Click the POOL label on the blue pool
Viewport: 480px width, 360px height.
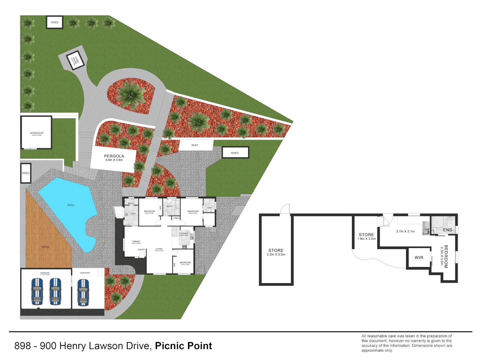pyautogui.click(x=71, y=205)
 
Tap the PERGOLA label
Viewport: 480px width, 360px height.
pyautogui.click(x=114, y=156)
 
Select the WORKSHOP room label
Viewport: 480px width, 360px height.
pyautogui.click(x=37, y=133)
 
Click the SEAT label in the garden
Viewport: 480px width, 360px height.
pyautogui.click(x=195, y=145)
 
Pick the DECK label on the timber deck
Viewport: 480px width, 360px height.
pyautogui.click(x=46, y=247)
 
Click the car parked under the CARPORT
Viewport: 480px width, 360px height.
pyautogui.click(x=83, y=292)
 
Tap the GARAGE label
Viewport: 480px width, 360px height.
pyautogui.click(x=45, y=273)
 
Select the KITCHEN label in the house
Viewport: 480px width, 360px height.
pyautogui.click(x=184, y=233)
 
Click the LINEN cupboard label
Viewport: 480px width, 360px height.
pyautogui.click(x=176, y=218)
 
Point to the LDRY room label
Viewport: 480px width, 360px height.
pyautogui.click(x=133, y=214)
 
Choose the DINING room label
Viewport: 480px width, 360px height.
pyautogui.click(x=136, y=241)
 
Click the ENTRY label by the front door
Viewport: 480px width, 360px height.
pyautogui.click(x=141, y=250)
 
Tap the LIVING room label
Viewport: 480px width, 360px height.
pyautogui.click(x=159, y=249)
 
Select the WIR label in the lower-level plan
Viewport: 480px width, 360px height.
pyautogui.click(x=419, y=258)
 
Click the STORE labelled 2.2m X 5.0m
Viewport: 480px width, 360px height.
pyautogui.click(x=276, y=252)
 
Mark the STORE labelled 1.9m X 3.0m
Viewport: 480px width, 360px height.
pyautogui.click(x=366, y=237)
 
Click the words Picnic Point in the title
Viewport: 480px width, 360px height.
pyautogui.click(x=183, y=346)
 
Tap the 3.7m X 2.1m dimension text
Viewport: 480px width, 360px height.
pyautogui.click(x=405, y=231)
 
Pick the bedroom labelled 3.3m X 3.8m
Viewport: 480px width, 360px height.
pyautogui.click(x=185, y=263)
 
